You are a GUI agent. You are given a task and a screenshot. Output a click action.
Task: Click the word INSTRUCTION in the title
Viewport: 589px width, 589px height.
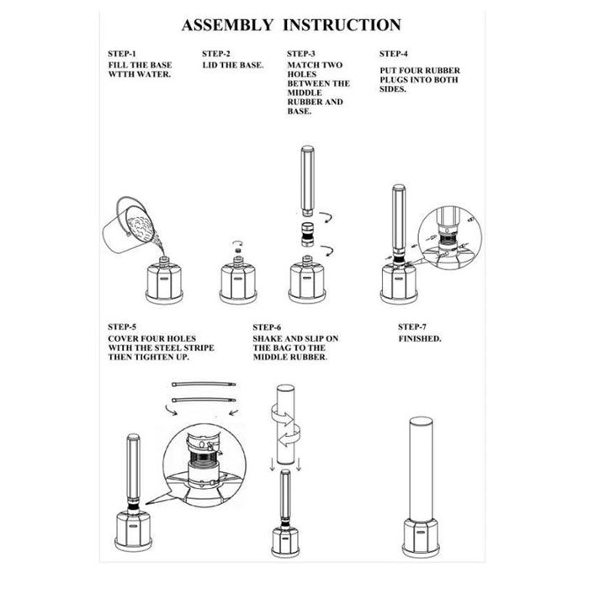tap(342, 26)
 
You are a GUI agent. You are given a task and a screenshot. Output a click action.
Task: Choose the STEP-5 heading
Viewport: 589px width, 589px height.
tap(123, 326)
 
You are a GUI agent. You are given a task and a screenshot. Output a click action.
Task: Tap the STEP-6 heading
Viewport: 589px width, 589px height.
tap(268, 326)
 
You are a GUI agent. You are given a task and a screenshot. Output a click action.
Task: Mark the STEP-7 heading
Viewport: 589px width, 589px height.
tap(413, 326)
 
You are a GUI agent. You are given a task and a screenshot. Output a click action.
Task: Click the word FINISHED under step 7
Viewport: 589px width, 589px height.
tap(420, 338)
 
